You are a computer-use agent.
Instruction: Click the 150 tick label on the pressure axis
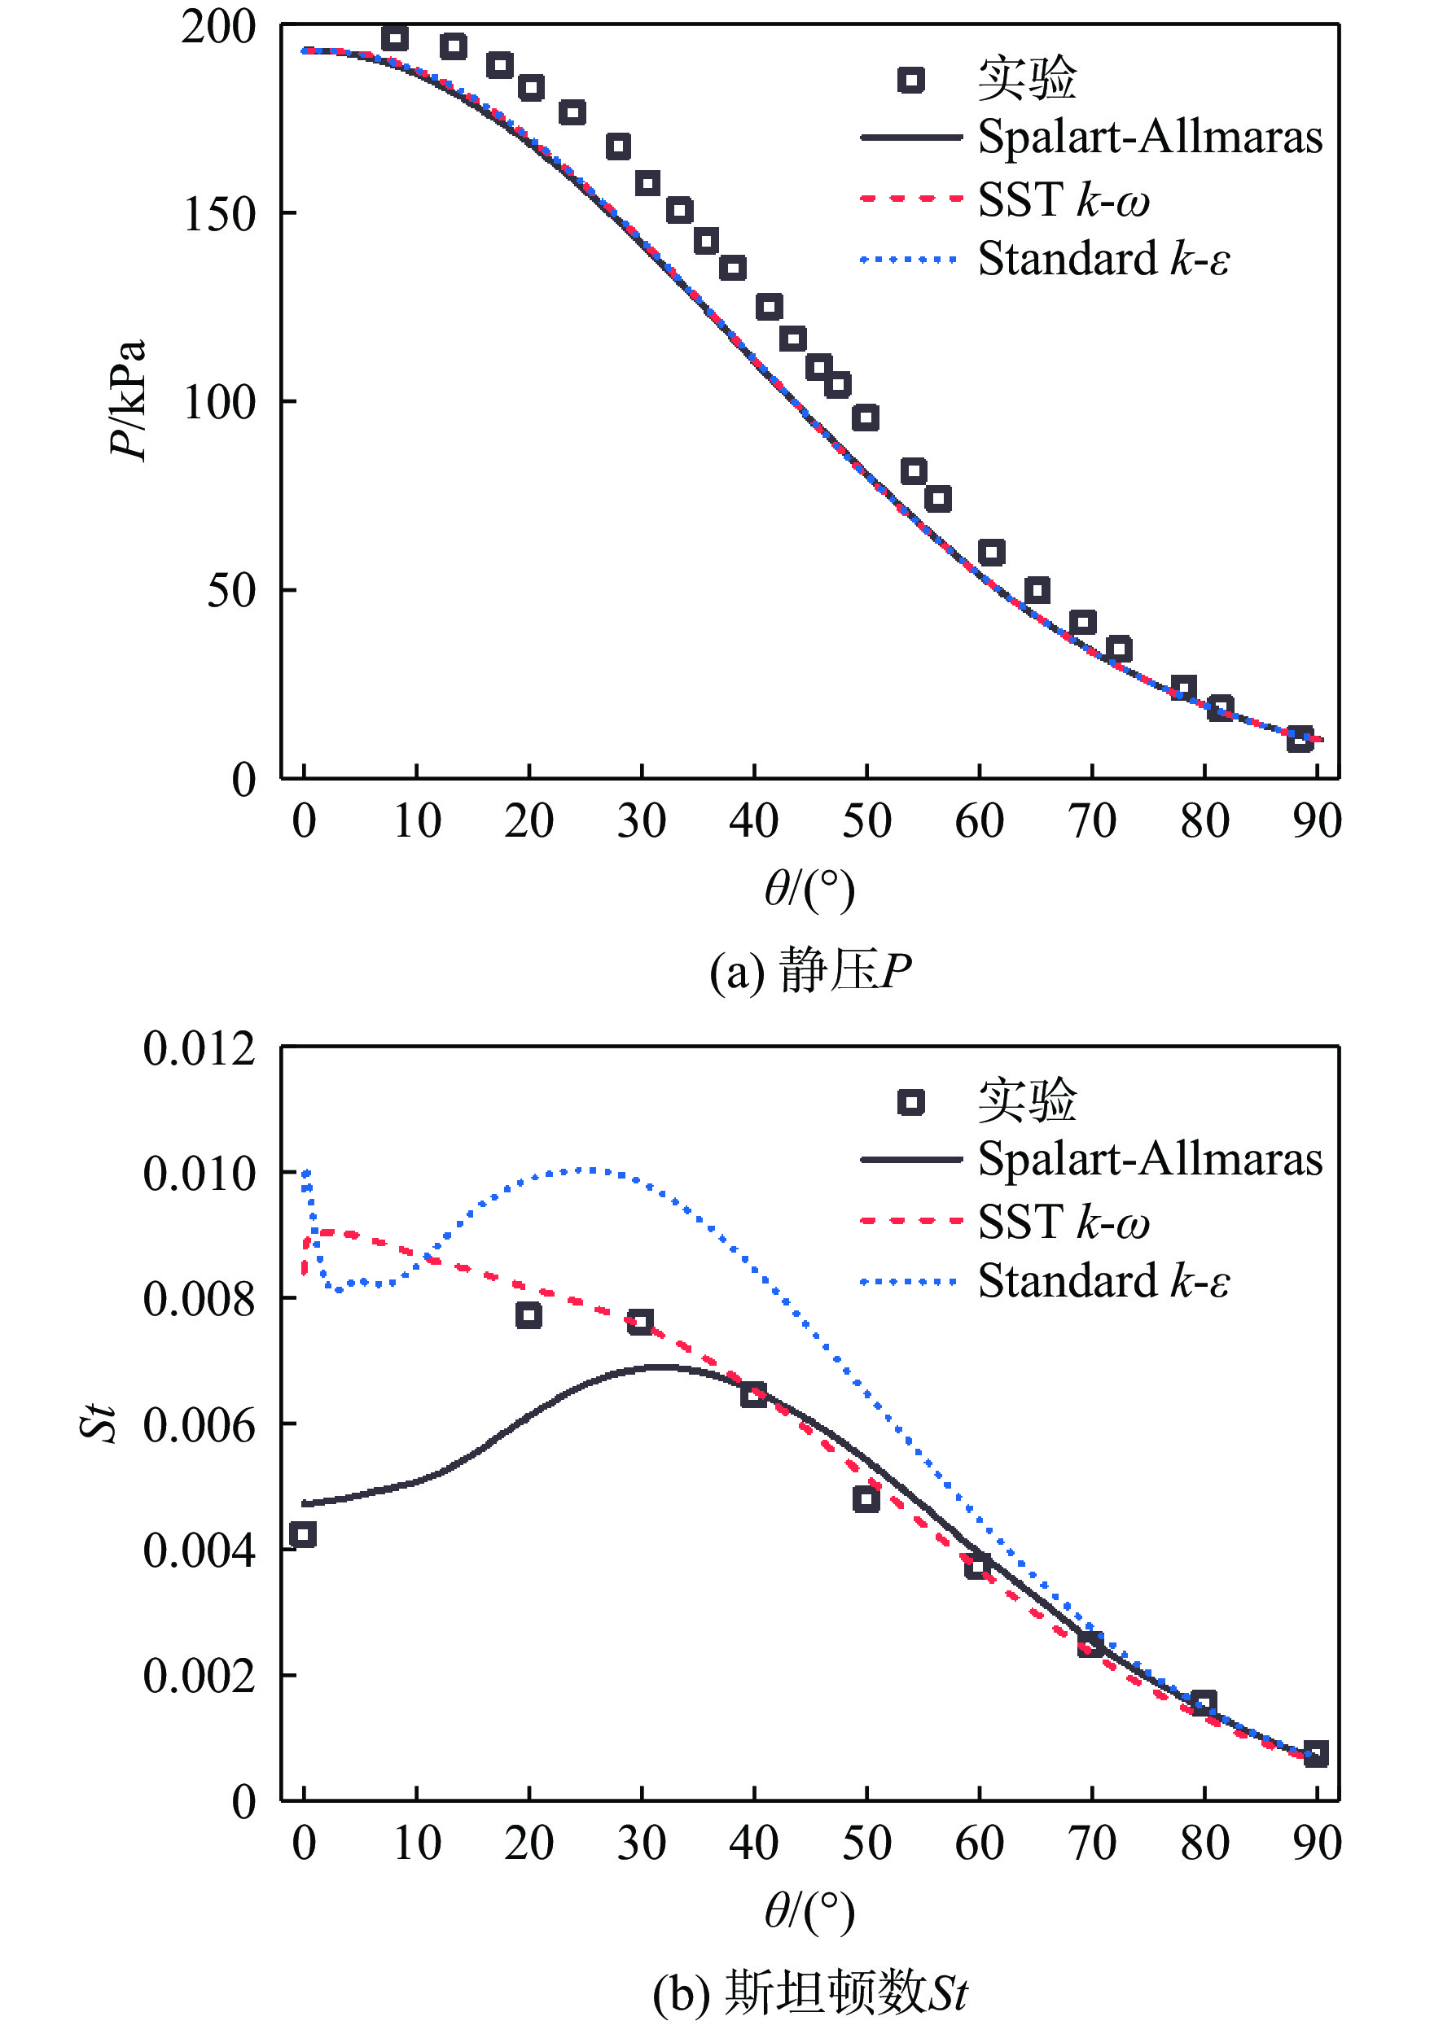(218, 215)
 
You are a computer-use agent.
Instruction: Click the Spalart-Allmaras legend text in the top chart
(1150, 138)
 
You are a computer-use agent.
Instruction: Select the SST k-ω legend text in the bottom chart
(1064, 1222)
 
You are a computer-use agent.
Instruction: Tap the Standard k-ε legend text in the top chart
(1103, 260)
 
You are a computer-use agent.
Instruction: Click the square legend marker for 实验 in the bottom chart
(910, 1102)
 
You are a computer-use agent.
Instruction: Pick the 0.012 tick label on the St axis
(199, 1049)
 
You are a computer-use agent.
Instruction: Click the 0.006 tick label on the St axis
(199, 1427)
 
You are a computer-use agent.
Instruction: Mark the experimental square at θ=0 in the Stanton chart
(303, 1535)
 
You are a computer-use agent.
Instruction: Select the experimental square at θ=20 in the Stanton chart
(529, 1315)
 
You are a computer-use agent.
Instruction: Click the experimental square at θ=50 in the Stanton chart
(866, 1499)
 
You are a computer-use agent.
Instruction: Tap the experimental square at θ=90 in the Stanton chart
(1316, 1754)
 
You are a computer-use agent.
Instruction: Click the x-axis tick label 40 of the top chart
(753, 821)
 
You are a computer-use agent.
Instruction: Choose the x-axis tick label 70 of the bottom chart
(1091, 1843)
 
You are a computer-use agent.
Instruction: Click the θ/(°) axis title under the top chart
(809, 889)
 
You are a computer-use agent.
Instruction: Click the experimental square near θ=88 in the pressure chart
(1300, 738)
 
